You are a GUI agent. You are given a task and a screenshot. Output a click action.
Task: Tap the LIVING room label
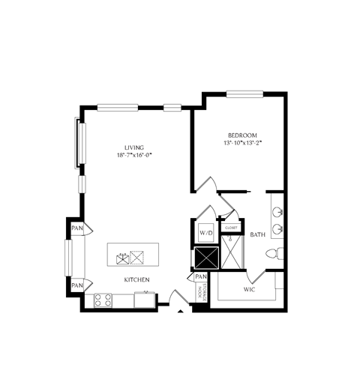click(x=134, y=148)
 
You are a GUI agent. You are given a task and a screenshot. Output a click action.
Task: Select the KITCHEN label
click(x=137, y=280)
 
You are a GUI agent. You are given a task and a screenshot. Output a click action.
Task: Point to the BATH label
click(x=258, y=234)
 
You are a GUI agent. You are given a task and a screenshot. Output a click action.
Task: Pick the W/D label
click(x=205, y=234)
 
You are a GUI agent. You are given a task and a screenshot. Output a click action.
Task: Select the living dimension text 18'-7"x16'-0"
click(x=134, y=156)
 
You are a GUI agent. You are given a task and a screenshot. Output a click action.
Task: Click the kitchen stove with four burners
click(x=103, y=300)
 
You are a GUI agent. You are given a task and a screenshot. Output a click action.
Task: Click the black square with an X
click(x=205, y=257)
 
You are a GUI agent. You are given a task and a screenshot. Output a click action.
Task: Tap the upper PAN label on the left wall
click(x=76, y=228)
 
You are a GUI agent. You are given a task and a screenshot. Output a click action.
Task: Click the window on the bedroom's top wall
click(x=244, y=94)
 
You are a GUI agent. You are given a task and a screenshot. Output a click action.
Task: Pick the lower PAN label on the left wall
click(x=76, y=285)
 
